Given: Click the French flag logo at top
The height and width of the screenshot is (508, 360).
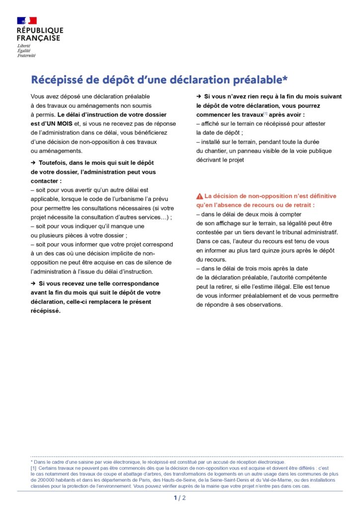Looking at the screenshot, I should coord(27,20).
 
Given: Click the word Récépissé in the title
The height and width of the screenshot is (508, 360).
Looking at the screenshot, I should coord(58,80).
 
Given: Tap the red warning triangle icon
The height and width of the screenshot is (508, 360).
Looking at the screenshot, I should coord(200,196).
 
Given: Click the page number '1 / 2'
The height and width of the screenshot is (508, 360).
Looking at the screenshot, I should coord(180,498).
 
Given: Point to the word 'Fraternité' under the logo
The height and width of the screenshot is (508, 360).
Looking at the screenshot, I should coord(26,56).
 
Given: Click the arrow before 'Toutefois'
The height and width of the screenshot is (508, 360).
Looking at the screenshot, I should coord(33,163).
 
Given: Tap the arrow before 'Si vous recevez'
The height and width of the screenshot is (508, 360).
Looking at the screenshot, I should coord(33,284).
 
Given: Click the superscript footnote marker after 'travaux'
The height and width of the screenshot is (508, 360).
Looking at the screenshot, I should coord(265,114).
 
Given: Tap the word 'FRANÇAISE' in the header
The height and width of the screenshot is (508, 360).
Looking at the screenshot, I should coord(38,38).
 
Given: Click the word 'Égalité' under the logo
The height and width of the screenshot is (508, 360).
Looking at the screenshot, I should coord(24,51).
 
